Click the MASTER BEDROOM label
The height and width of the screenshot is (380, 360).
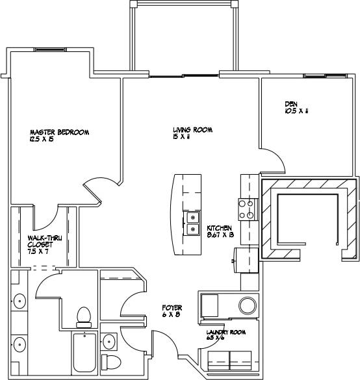point(59,132)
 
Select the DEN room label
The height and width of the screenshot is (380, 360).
point(291,104)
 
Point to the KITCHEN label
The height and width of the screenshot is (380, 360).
point(220,229)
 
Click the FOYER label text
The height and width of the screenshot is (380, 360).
point(172,307)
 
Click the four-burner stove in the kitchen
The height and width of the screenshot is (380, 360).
point(247,209)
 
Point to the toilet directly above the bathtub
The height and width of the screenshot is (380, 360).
point(83,316)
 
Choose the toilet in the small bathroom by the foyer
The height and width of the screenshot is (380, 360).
point(112,362)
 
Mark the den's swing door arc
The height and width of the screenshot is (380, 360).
point(276,159)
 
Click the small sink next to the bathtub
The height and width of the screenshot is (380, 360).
point(109,341)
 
